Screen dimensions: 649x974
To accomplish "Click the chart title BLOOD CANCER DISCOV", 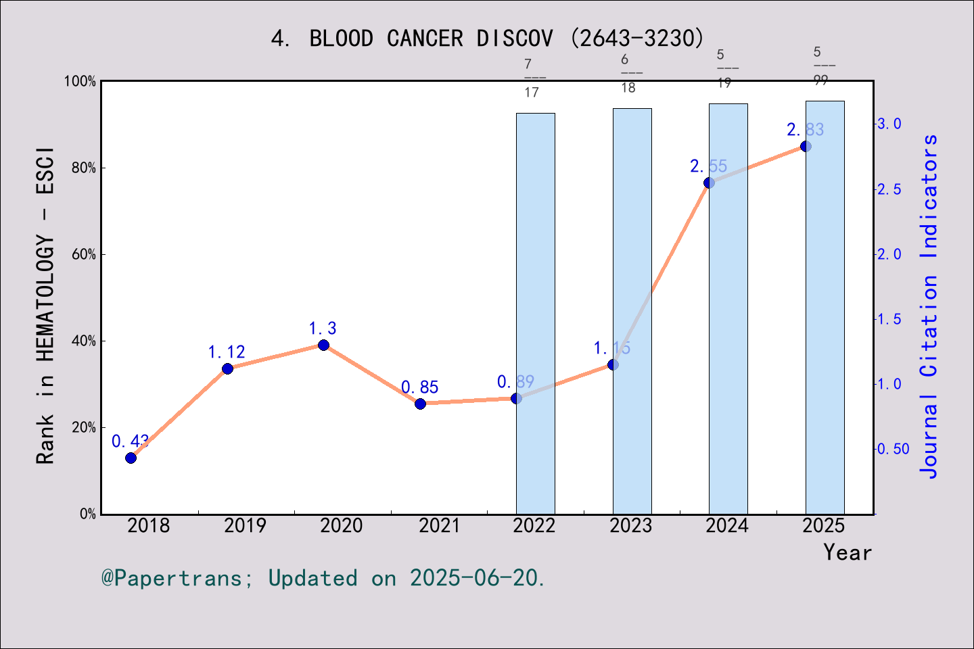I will tap(487, 39).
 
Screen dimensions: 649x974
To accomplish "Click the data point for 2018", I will tap(131, 458).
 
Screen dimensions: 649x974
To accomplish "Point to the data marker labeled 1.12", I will tap(227, 368).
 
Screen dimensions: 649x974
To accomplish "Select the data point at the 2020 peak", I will tap(323, 345).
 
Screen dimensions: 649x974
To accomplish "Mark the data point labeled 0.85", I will tap(420, 404).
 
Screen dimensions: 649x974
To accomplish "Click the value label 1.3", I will tap(323, 329).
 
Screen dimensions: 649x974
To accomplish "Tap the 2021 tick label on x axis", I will tap(438, 526).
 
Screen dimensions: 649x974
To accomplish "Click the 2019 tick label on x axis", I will tap(245, 526).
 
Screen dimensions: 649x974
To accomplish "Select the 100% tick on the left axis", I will tap(80, 81).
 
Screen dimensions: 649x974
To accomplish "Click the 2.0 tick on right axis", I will tap(889, 254).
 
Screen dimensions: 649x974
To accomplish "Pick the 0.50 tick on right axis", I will tap(893, 449).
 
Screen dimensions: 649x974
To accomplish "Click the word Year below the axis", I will tap(847, 553).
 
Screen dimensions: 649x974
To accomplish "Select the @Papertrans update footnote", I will tap(323, 578).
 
